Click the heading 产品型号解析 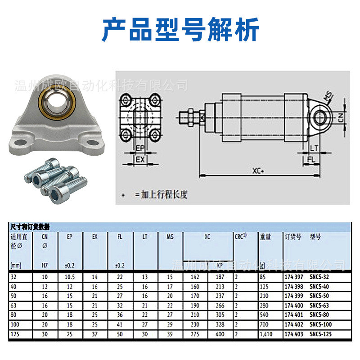coord(180,31)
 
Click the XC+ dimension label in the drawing coord(258,171)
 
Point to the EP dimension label coord(140,148)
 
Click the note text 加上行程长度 coord(164,195)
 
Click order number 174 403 coord(294,335)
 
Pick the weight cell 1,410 coord(265,335)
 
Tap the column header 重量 coord(265,237)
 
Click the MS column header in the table coord(170,237)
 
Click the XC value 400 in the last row coord(220,335)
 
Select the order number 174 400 coord(294,306)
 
